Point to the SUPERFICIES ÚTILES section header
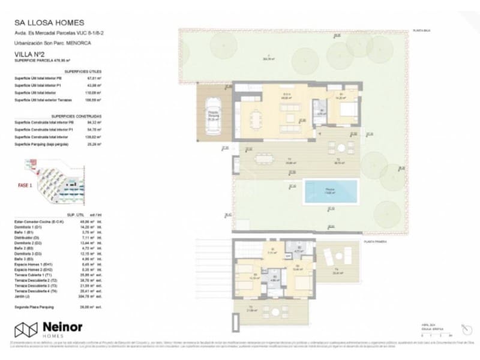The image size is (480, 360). [83, 71]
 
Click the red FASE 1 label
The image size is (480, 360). [23, 186]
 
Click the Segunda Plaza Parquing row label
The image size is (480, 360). [37, 307]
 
